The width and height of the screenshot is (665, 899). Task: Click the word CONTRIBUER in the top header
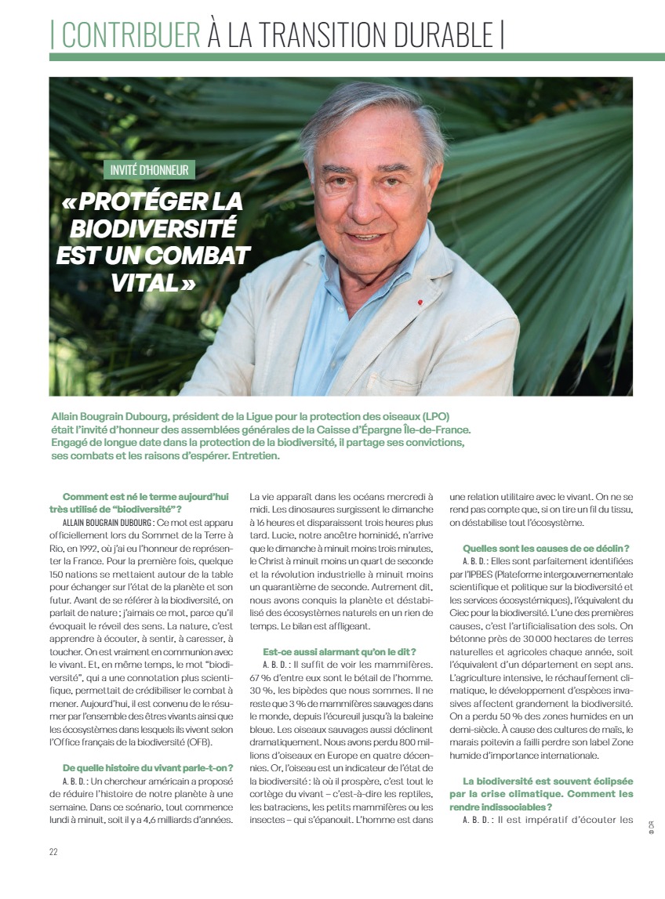click(130, 35)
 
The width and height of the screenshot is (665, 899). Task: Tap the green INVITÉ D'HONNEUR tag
click(149, 170)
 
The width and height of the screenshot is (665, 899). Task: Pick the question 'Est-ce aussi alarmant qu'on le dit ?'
click(339, 652)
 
